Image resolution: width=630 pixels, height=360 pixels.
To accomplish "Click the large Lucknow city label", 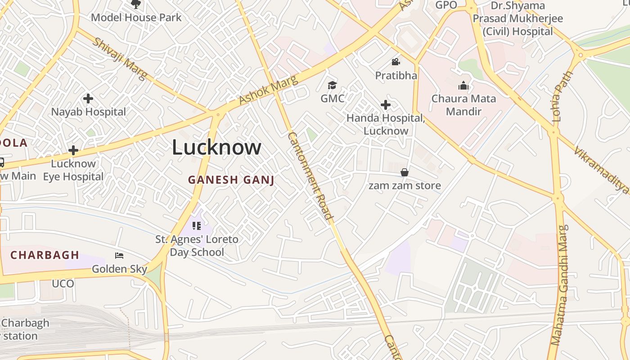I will pyautogui.click(x=216, y=148).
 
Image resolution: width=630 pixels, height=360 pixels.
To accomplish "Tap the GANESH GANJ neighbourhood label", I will pyautogui.click(x=231, y=180).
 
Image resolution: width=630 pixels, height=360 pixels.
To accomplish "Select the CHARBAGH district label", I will pyautogui.click(x=45, y=255).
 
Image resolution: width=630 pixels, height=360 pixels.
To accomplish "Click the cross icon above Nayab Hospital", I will pyautogui.click(x=88, y=99).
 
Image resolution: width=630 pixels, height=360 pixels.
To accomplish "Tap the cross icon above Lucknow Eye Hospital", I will pyautogui.click(x=73, y=150).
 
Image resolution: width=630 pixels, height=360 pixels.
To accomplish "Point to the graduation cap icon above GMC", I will pyautogui.click(x=332, y=85).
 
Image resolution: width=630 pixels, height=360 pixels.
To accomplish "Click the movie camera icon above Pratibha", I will pyautogui.click(x=396, y=62).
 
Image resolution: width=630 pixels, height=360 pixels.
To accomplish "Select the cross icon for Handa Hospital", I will pyautogui.click(x=386, y=105).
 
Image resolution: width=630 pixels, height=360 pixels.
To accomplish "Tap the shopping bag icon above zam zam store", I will pyautogui.click(x=405, y=172).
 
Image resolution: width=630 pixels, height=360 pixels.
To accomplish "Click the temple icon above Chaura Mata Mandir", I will pyautogui.click(x=463, y=85).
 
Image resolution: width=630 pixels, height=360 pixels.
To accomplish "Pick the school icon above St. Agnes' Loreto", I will pyautogui.click(x=196, y=225).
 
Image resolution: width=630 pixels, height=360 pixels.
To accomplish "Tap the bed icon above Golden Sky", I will pyautogui.click(x=119, y=256).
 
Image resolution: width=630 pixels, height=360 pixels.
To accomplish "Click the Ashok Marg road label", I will pyautogui.click(x=268, y=90).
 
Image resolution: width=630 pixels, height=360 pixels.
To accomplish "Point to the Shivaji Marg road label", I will pyautogui.click(x=120, y=59).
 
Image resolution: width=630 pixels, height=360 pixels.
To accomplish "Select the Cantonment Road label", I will pyautogui.click(x=310, y=176).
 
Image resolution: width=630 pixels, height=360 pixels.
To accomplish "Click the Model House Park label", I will pyautogui.click(x=136, y=18).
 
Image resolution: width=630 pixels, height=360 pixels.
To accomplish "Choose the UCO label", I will pyautogui.click(x=63, y=284).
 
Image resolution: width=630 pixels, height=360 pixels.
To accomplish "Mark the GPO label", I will pyautogui.click(x=446, y=5).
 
